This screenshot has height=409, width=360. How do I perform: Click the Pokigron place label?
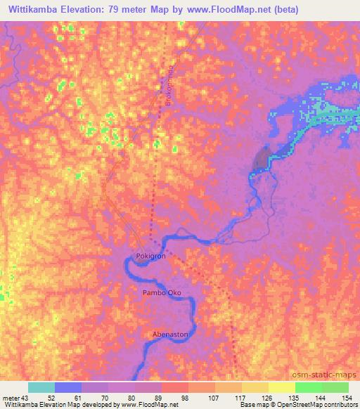point(150,257)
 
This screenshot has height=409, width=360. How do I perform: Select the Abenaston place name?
point(170,335)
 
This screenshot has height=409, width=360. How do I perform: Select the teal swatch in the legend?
point(41,387)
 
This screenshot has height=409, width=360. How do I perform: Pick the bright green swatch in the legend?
point(308,387)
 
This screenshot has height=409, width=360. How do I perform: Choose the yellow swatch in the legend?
point(281,387)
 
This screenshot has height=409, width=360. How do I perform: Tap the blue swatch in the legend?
point(68,387)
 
